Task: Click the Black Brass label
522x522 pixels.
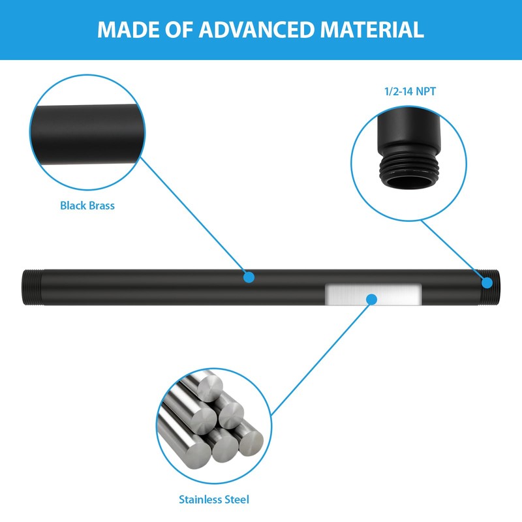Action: point(87,206)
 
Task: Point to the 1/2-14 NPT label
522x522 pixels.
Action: point(409,92)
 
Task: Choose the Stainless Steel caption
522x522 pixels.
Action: point(214,500)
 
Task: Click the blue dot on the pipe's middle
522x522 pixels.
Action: point(249,277)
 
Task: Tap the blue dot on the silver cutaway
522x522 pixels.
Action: point(371,299)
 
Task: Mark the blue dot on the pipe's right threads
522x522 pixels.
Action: point(487,282)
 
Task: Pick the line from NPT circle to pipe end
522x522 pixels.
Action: point(453,251)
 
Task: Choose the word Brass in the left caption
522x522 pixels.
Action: point(101,206)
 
